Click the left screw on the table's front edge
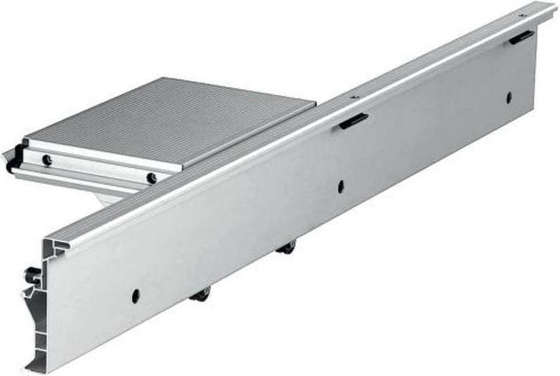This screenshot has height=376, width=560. pos(47,160)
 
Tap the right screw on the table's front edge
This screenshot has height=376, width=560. pos(151,179)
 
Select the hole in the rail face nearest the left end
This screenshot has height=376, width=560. pos(135,295)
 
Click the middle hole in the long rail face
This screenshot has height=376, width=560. pos(341,187)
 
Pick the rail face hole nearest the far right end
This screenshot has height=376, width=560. pos(508,98)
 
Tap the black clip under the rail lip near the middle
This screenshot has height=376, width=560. pos(353,121)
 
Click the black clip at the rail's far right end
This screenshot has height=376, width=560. pos(521,37)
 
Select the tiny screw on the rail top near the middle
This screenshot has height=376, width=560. pos(354,96)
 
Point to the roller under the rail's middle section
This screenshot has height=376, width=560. pos(287,247)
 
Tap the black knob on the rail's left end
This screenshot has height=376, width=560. pos(32,274)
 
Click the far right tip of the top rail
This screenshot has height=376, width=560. pos(552,8)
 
